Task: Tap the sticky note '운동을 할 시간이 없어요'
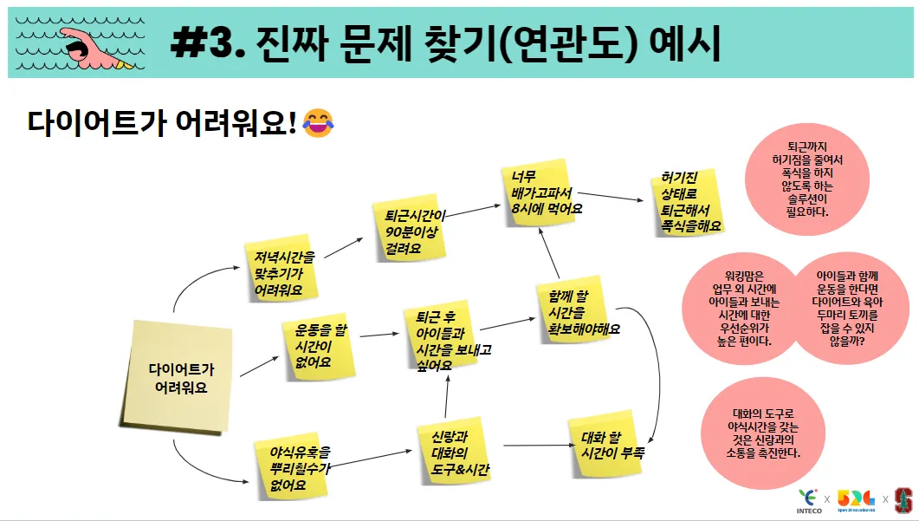tap(317, 346)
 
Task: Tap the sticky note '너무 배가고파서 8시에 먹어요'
tap(545, 193)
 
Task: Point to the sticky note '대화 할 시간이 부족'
tap(606, 443)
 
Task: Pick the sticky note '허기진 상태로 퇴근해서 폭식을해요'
tap(688, 200)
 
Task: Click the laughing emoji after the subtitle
tap(320, 124)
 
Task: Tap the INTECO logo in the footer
tap(809, 500)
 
